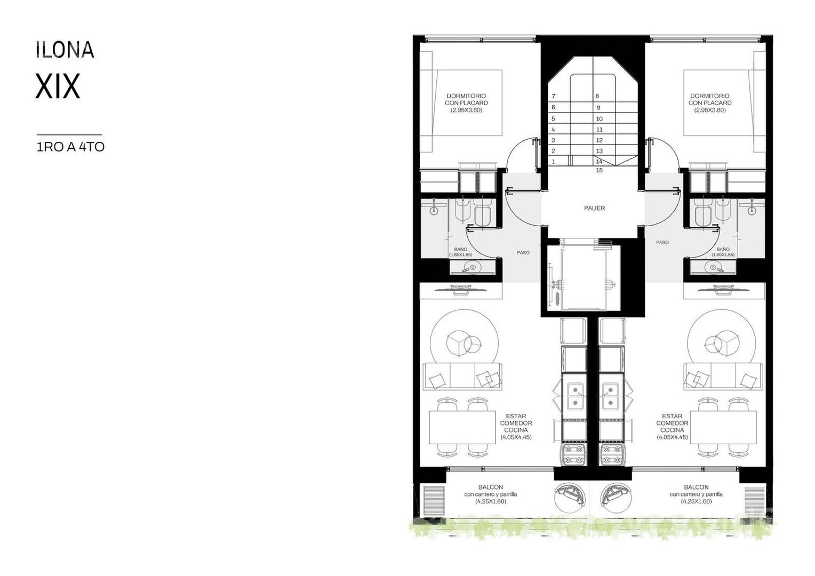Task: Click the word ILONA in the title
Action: pos(65,50)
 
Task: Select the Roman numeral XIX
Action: pos(58,86)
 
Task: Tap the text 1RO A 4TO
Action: pos(70,147)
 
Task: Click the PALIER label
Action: pos(595,208)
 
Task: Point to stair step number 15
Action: pos(599,170)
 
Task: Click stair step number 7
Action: pos(554,97)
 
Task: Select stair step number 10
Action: pos(599,119)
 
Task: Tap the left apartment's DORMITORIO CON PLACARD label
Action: pos(467,99)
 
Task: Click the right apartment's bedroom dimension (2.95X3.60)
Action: pos(710,110)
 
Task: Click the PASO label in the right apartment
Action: pos(662,242)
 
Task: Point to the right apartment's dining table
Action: pos(723,427)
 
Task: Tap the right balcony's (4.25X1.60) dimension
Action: pos(696,501)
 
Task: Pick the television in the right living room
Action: pos(724,289)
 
